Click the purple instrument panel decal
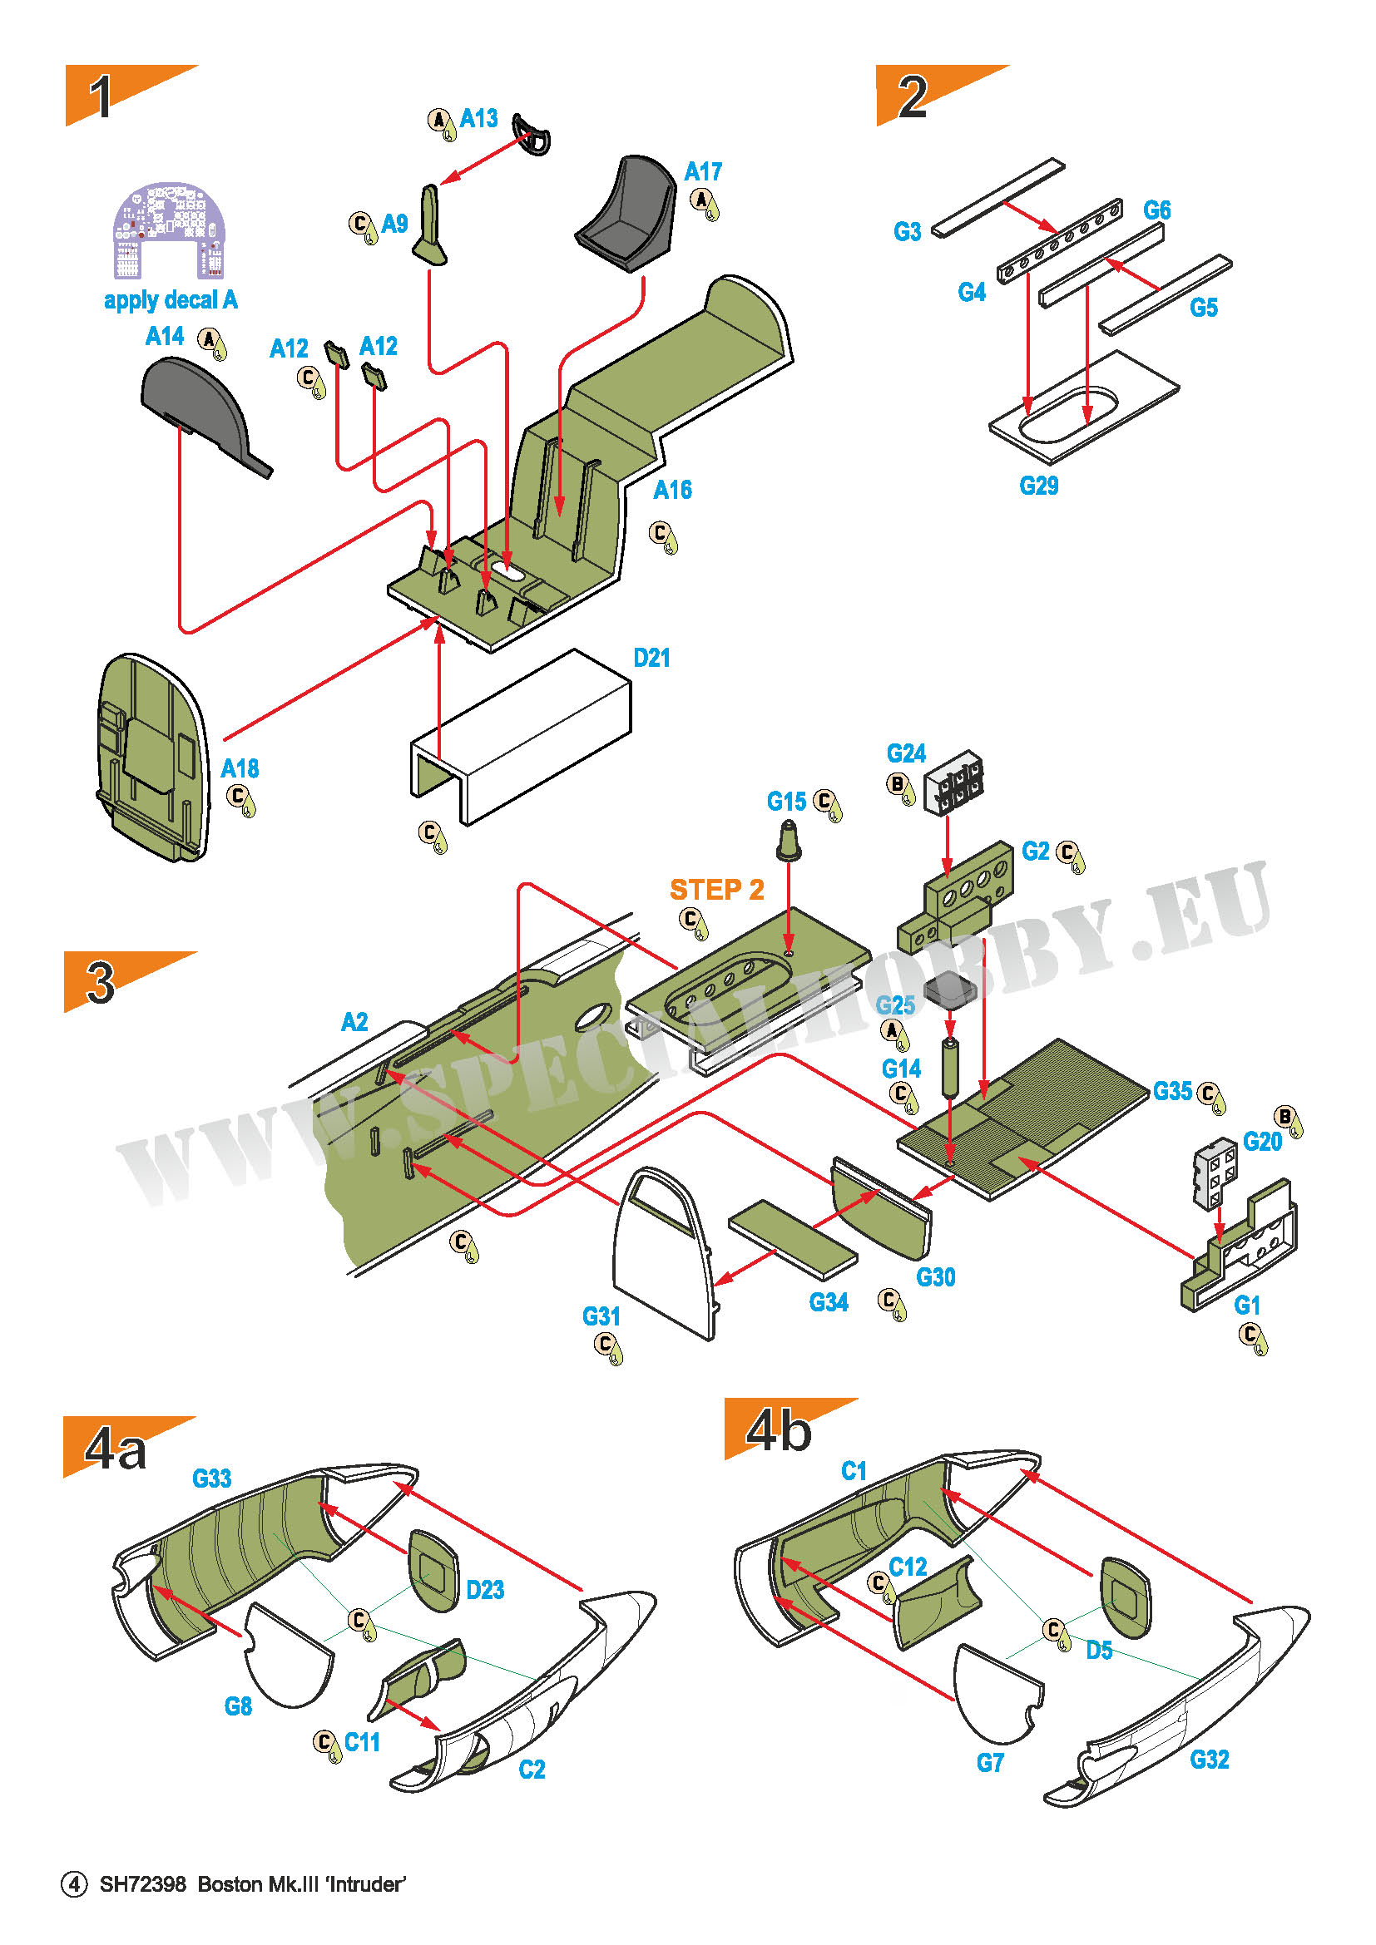170,230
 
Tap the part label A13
478,118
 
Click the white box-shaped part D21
521,736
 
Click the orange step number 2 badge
941,95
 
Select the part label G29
1039,486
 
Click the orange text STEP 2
717,890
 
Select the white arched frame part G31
666,1253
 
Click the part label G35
1173,1091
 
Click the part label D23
486,1589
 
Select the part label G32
1209,1760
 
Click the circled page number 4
74,1884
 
